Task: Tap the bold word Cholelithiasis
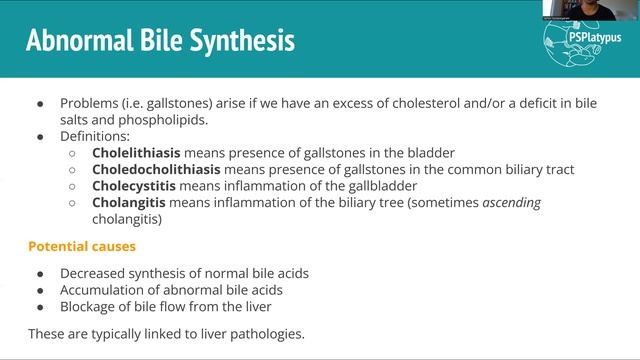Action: tap(135, 153)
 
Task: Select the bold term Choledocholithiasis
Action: tap(153, 170)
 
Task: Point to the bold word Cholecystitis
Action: tap(133, 186)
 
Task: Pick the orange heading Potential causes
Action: tap(81, 245)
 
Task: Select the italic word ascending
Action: tap(511, 203)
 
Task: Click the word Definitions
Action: tap(93, 136)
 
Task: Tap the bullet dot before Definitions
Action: tap(40, 136)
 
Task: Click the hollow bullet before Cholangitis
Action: tap(72, 203)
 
